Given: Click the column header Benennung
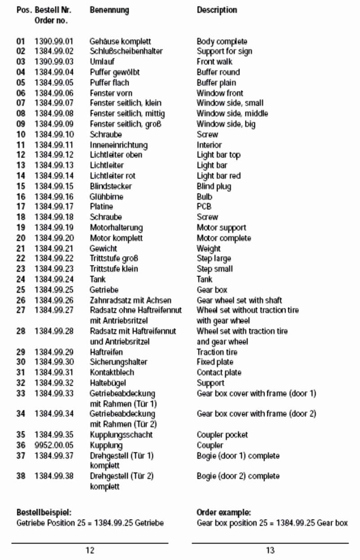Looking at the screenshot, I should (109, 10).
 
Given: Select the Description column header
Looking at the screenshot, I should (217, 10).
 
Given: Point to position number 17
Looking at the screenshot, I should (21, 207).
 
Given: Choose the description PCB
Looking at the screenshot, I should (204, 207).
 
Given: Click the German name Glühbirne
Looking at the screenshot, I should (106, 197).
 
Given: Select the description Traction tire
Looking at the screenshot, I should (217, 352).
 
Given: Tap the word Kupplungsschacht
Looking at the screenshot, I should (121, 435).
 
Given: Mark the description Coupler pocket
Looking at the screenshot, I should (222, 435).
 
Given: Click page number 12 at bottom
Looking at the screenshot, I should (90, 550).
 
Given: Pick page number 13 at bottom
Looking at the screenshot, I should (270, 550).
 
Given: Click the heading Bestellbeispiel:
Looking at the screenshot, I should (44, 513).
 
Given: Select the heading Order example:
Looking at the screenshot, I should (224, 513).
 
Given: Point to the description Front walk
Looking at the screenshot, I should (215, 62).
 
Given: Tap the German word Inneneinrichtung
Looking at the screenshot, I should (118, 145).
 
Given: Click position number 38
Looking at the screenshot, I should (21, 476).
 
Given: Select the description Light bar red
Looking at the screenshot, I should (219, 176).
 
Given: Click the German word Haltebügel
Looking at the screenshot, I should (108, 383).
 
